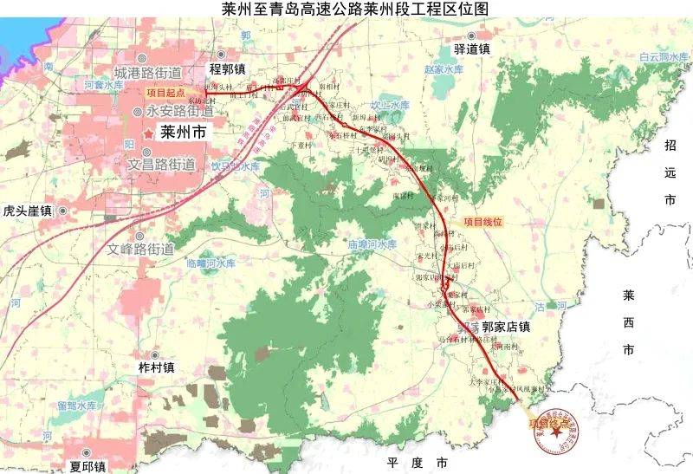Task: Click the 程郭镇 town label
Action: click(228, 68)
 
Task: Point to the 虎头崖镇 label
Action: click(27, 211)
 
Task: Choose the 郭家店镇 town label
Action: click(505, 327)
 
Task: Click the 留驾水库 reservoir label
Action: click(76, 406)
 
